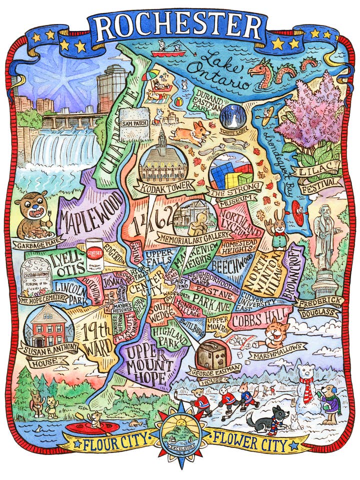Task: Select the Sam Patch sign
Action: (134, 122)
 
